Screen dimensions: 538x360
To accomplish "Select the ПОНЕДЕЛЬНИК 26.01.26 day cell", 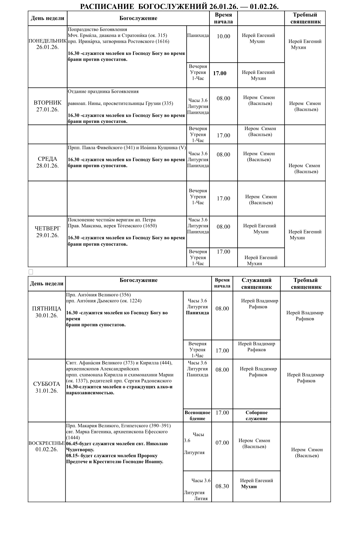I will pos(47,44).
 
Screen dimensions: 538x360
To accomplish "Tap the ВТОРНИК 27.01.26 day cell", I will pos(47,106).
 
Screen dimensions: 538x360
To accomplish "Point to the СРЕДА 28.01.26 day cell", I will pos(47,162).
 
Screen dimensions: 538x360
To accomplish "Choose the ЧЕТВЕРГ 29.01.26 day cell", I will pos(47,232).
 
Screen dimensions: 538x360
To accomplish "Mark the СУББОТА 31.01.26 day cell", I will pos(46,387).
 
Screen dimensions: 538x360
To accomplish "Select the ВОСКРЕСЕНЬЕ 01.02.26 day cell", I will pos(46,446).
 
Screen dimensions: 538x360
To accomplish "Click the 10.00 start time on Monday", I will pos(223,37).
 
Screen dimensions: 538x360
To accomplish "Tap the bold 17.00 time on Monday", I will pos(220,73).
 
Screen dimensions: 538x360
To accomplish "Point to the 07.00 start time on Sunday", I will pos(222,443).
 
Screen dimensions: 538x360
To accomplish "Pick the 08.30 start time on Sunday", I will pos(222,486).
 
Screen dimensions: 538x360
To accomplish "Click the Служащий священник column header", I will pos(256,283).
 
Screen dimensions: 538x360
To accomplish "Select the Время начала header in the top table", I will pos(223,18).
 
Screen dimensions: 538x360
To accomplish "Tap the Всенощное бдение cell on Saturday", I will pos(197,416).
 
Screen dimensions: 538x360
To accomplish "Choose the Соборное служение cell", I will pos(256,416).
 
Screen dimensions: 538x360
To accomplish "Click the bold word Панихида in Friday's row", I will pos(197,313).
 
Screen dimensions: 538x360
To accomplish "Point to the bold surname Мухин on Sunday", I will pos(249,487).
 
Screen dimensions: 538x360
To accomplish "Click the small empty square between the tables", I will pos(31,272).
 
